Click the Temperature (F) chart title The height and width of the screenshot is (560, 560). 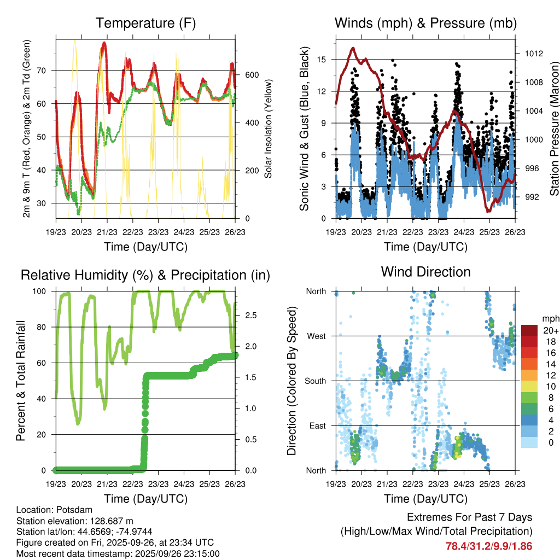(x=145, y=23)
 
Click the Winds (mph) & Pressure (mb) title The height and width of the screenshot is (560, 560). (x=425, y=23)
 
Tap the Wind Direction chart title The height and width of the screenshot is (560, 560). (x=425, y=271)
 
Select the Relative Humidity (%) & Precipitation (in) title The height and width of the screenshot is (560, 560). (x=145, y=275)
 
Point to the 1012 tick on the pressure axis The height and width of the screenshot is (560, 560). (x=534, y=54)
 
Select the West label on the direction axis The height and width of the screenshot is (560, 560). (x=316, y=336)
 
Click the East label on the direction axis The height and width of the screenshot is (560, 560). (x=316, y=425)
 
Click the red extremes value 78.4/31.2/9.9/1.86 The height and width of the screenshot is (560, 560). (x=489, y=546)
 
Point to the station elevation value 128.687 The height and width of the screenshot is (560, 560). (x=108, y=520)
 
